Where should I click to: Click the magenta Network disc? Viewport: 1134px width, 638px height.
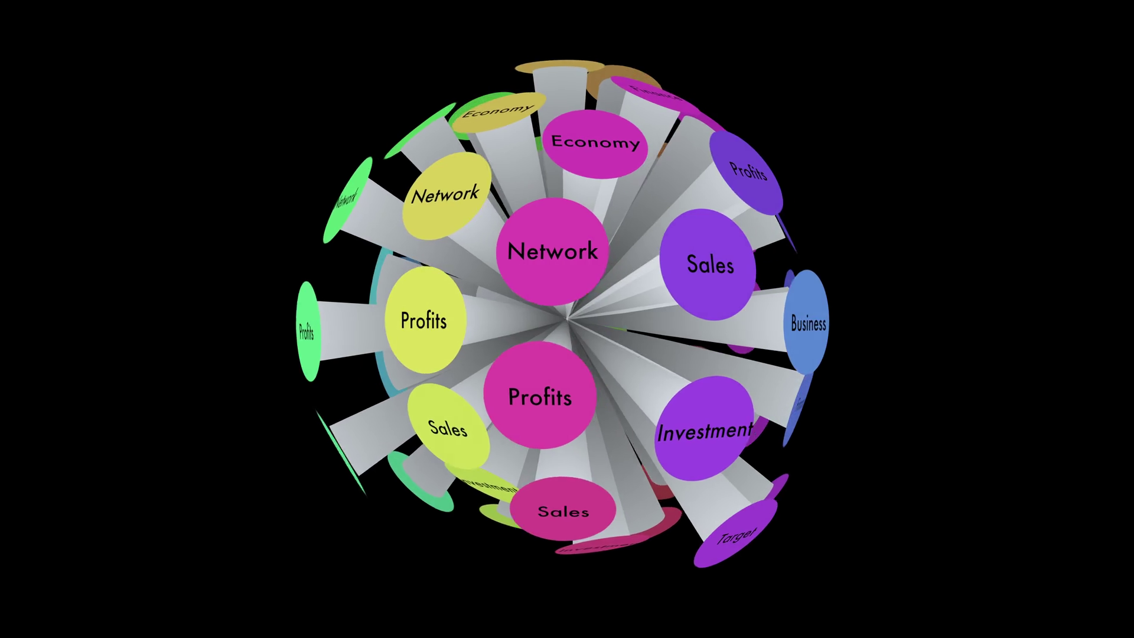tap(552, 251)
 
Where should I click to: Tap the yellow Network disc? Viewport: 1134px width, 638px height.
tap(447, 195)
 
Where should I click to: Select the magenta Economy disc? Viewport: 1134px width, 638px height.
tap(595, 143)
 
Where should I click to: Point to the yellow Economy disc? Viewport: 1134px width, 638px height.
tap(497, 112)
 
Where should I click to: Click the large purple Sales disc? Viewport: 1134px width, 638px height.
tap(708, 264)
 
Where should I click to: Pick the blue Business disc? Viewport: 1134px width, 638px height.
tap(807, 322)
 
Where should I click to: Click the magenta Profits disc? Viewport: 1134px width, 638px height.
tap(540, 396)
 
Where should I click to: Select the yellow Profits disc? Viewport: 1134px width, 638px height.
tap(425, 320)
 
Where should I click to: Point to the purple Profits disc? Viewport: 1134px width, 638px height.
tap(747, 171)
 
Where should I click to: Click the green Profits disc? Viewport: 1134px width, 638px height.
tap(307, 331)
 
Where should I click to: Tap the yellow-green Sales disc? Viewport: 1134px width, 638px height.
tap(448, 427)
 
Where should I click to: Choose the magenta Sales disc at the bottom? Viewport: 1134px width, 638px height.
tap(563, 510)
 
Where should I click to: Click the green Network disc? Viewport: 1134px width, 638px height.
tap(347, 200)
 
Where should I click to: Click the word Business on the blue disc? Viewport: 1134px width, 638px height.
tap(808, 324)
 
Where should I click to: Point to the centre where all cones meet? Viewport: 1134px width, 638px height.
tap(566, 319)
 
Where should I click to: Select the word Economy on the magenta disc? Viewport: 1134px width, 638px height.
tap(595, 142)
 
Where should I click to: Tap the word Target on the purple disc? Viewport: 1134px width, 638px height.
tap(737, 536)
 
